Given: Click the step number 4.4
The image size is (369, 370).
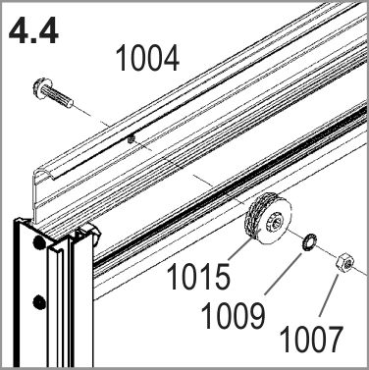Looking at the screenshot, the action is pos(33,30).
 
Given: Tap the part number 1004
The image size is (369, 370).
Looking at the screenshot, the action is pos(147,59).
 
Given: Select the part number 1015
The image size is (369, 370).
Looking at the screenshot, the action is pos(198,277).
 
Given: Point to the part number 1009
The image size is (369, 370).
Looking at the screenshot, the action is pos(233,316).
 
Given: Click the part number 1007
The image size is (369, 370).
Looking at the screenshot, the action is pos(311,340).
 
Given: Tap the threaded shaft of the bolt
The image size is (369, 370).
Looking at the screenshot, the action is pos(61,97).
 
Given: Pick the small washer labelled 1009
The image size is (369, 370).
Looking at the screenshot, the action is pos(308,243).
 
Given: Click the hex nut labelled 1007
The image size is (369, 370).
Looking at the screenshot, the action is pos(345,264).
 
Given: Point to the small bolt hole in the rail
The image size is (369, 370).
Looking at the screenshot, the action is pos(132,139).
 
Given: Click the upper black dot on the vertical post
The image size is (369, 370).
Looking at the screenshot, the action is pos(39,242).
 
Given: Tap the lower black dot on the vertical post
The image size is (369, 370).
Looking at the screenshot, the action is pos(39,301).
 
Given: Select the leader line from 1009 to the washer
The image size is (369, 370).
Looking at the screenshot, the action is pos(284,273).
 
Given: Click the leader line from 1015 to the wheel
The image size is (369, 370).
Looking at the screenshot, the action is pos(240,249).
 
